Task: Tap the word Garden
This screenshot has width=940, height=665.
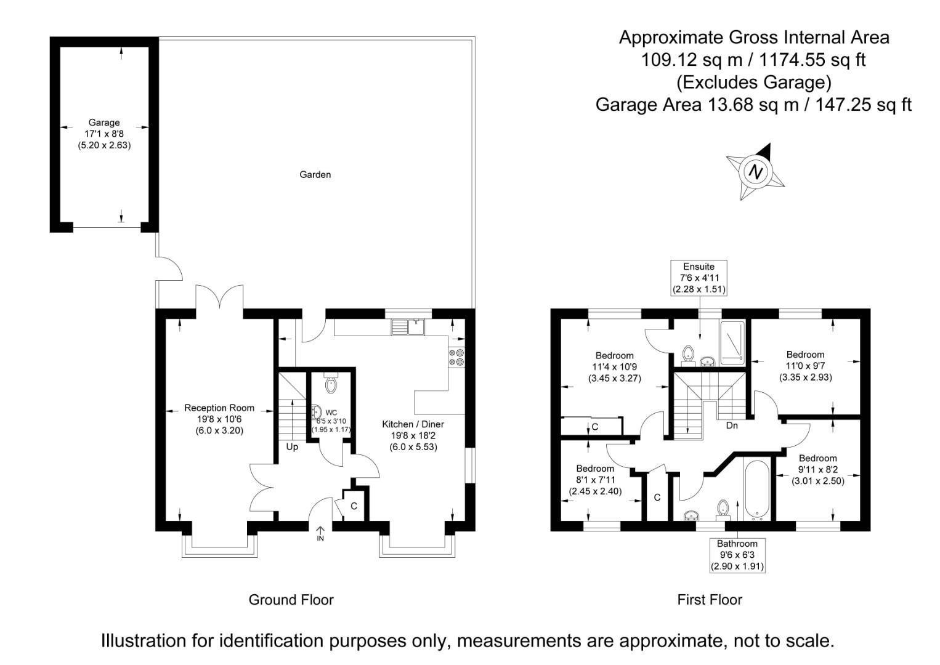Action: pyautogui.click(x=315, y=175)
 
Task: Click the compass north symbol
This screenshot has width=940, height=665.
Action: pyautogui.click(x=756, y=172)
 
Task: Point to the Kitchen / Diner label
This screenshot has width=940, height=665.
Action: pyautogui.click(x=413, y=435)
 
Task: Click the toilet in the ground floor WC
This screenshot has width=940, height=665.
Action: pyautogui.click(x=331, y=384)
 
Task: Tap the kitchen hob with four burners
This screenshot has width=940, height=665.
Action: pyautogui.click(x=457, y=358)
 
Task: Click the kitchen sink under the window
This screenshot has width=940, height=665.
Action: pyautogui.click(x=406, y=326)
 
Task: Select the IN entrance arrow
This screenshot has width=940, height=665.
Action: pyautogui.click(x=320, y=533)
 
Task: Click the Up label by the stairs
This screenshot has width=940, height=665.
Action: pyautogui.click(x=292, y=447)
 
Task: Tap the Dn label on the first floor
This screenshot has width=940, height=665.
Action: pyautogui.click(x=732, y=425)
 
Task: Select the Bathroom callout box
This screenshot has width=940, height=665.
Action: pyautogui.click(x=737, y=555)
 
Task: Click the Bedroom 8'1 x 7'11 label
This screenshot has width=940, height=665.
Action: pyautogui.click(x=594, y=480)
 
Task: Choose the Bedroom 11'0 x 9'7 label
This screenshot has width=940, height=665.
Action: pyautogui.click(x=805, y=366)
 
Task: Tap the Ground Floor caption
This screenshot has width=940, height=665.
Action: pyautogui.click(x=291, y=600)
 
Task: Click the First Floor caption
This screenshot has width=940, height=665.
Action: pyautogui.click(x=710, y=600)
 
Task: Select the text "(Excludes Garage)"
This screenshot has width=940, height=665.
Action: pyautogui.click(x=753, y=82)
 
